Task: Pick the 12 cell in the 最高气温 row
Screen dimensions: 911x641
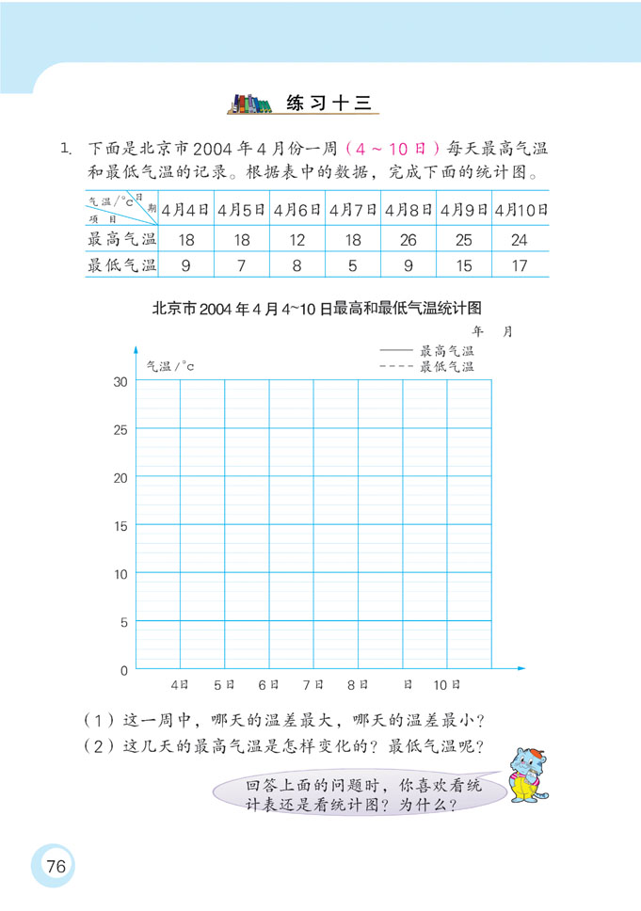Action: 296,240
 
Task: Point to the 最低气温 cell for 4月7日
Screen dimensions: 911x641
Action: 352,265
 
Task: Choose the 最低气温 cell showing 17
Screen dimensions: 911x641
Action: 520,265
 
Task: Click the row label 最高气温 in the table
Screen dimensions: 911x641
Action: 120,240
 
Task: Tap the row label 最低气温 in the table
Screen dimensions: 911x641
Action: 120,265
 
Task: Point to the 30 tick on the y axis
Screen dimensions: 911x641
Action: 120,381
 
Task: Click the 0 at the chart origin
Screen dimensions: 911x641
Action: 122,670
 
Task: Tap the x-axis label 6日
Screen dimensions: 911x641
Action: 269,684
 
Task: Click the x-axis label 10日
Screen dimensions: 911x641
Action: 447,684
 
